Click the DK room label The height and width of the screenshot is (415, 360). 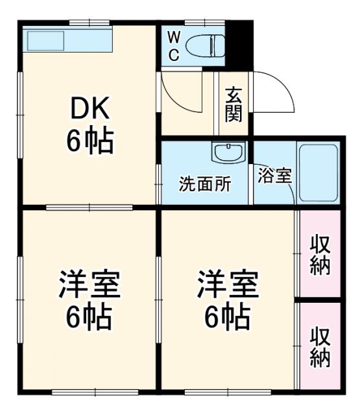90,109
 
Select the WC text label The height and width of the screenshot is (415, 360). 174,45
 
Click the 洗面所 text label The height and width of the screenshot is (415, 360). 205,184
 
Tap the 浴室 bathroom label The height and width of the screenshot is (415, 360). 274,176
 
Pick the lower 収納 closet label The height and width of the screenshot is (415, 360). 319,348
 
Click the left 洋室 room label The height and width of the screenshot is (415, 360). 90,286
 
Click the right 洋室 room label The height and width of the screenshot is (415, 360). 228,286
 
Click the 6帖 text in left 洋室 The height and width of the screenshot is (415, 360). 90,317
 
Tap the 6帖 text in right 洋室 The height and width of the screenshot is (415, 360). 228,317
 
